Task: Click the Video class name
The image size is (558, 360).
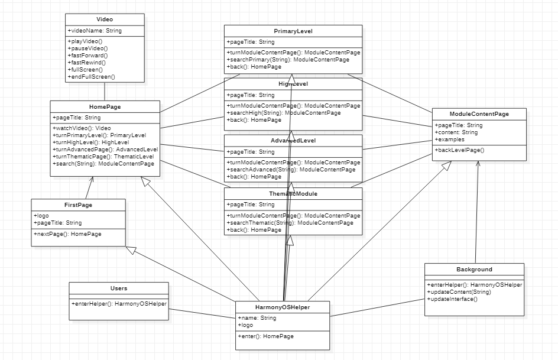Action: pos(104,20)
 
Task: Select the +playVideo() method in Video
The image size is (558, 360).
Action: pos(85,41)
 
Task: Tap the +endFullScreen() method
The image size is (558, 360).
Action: pos(92,77)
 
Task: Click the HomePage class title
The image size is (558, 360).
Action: pos(105,106)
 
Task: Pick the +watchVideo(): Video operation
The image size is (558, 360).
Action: pos(82,128)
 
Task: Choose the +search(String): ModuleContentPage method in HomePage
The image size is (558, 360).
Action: pos(103,164)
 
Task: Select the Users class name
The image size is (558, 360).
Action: pos(118,288)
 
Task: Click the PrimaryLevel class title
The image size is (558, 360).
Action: pos(293,31)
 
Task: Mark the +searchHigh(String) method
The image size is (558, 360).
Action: pos(284,113)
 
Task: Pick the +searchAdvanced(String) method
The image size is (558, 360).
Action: pos(291,170)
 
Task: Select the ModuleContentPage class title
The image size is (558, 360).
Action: pos(479,113)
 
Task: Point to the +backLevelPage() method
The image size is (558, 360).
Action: pos(459,150)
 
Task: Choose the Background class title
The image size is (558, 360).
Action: pos(474,270)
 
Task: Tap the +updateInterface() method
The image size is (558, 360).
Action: pos(452,299)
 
